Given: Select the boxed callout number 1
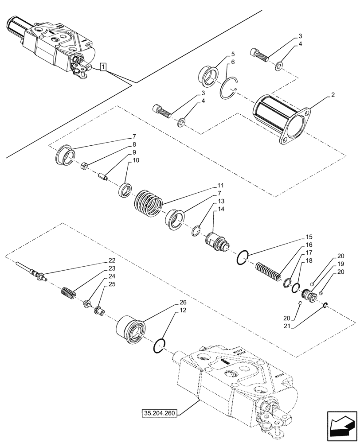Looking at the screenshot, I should click(103, 67).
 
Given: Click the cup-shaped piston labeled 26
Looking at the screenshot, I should click(130, 330).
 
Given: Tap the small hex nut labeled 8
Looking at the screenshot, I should click(85, 166).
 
